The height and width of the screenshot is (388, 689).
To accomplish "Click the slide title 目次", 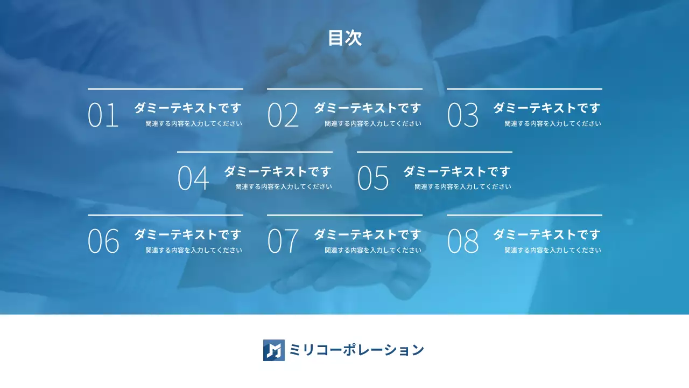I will click(344, 38).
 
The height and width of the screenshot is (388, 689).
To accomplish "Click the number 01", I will click(103, 115).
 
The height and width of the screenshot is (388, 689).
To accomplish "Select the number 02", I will click(283, 115).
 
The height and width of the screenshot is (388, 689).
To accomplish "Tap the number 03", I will click(462, 115).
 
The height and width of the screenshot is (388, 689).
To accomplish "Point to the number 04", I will click(193, 178).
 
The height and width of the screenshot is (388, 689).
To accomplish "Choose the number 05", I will click(372, 178).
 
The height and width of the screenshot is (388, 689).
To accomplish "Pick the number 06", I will click(103, 241).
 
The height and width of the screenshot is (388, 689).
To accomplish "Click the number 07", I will click(283, 241).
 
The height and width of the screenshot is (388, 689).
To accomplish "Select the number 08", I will click(462, 241).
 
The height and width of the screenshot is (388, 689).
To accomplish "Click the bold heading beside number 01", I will click(187, 108).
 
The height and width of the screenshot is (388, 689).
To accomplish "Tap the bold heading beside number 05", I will click(456, 171).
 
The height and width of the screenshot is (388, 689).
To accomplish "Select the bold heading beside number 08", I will click(546, 234).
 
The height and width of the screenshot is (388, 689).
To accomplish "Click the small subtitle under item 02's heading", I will click(373, 123).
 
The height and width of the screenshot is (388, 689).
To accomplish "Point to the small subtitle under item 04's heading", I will click(284, 186).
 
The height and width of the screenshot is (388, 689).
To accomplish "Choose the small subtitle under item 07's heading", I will click(373, 250).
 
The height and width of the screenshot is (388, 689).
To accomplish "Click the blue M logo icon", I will click(273, 350).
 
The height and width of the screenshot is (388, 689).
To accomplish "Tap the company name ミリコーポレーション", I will click(356, 350).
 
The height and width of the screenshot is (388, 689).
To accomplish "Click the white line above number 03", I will click(524, 89).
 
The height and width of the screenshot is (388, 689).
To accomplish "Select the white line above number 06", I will click(165, 215).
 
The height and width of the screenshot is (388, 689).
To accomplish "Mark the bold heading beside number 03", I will click(546, 108).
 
